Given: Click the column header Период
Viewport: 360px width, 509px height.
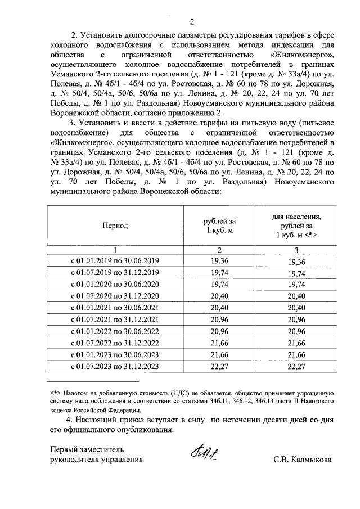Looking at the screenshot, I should (115, 226).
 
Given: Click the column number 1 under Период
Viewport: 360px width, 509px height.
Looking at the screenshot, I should (115, 250).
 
